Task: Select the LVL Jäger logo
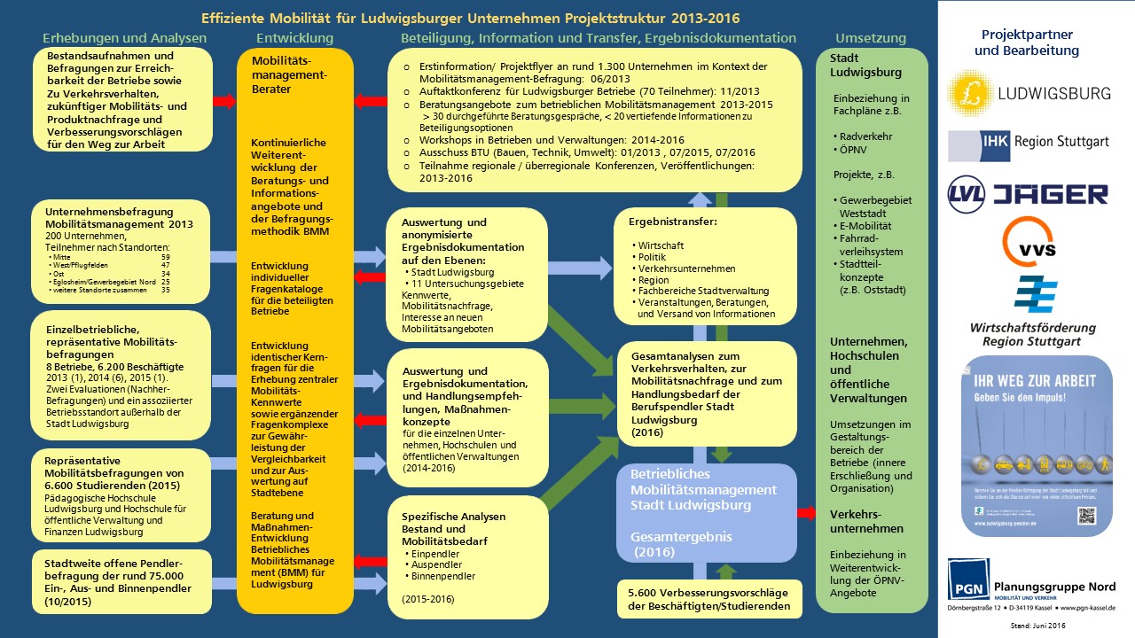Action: [1028, 194]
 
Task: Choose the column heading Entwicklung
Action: [294, 38]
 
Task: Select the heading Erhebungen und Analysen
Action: [124, 38]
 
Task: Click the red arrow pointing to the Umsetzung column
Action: [806, 512]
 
